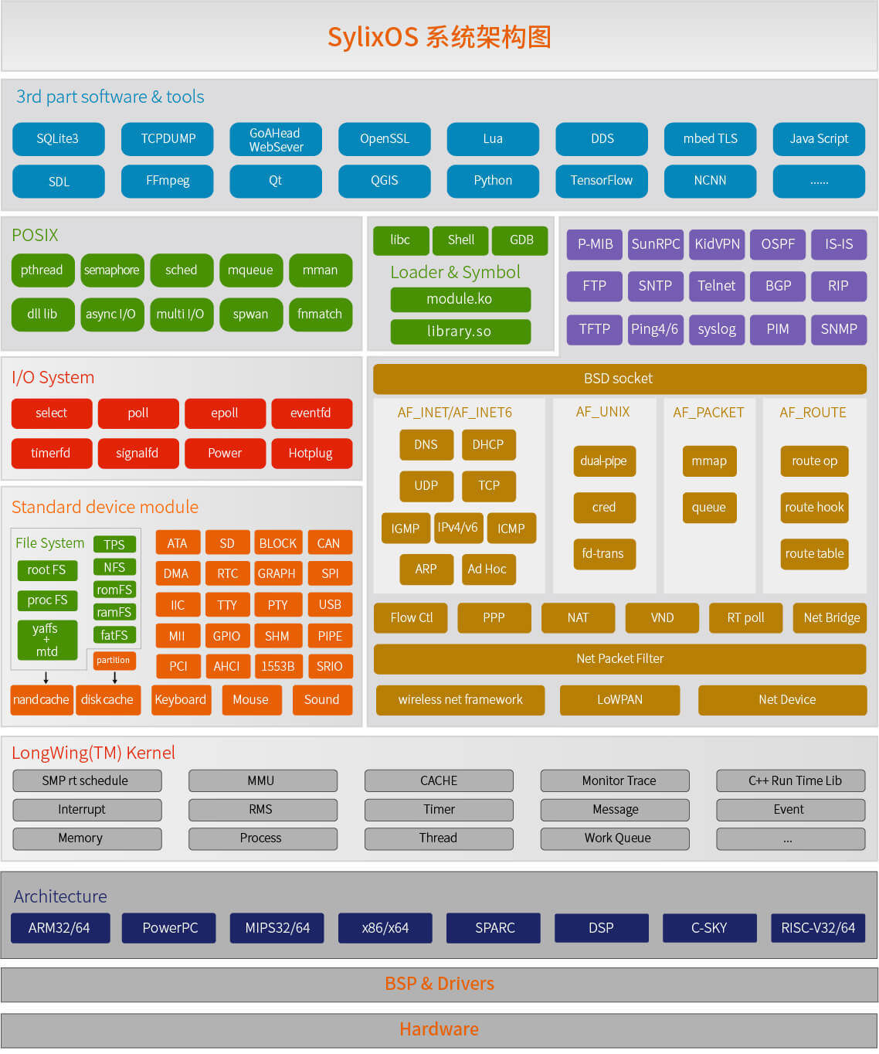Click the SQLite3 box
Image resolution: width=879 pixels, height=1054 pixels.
point(58,139)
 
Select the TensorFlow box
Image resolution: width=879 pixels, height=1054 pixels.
point(602,181)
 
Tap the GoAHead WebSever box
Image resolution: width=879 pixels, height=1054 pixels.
point(276,139)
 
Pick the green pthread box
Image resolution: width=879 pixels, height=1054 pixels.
point(42,270)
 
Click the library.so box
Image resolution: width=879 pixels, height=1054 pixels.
point(460,331)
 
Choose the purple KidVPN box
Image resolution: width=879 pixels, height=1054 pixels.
point(717,244)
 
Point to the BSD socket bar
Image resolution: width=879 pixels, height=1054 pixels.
point(619,379)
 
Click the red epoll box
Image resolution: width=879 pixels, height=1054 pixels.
point(225,413)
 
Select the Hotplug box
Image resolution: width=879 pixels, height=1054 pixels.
point(311,454)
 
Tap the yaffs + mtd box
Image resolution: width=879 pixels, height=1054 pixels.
point(47,640)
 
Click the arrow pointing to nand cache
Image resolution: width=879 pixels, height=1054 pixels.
point(46,678)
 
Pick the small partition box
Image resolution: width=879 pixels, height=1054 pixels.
point(114,660)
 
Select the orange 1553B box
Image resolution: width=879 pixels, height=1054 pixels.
point(278,666)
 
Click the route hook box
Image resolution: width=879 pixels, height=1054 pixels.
point(814,508)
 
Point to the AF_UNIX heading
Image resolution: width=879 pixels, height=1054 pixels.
point(603,412)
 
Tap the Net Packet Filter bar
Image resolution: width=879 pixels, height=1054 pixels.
point(619,658)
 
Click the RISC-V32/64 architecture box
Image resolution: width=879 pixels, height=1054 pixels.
point(818,928)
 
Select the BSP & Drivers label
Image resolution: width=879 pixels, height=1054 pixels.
point(439,984)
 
